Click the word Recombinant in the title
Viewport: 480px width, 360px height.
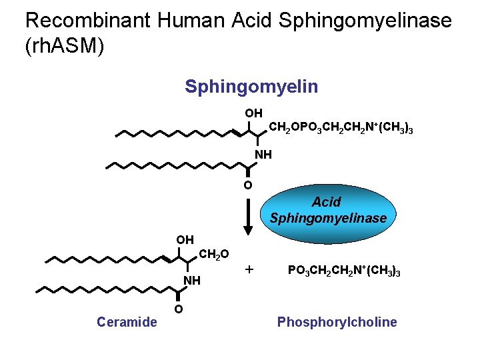[x=87, y=21]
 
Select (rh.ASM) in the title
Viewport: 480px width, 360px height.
[x=65, y=48]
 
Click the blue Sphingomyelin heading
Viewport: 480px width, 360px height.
[x=251, y=87]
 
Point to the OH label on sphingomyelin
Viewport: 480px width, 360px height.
[x=253, y=113]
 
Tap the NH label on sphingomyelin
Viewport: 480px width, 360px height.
[x=263, y=155]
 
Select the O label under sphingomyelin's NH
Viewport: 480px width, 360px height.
[x=247, y=185]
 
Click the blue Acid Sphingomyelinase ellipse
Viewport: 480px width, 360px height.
[x=327, y=210]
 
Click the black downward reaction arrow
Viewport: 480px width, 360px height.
[x=248, y=213]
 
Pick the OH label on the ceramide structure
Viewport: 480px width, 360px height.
[x=185, y=239]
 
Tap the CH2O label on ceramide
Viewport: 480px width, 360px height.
[x=214, y=253]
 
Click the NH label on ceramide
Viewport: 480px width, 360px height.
[x=192, y=280]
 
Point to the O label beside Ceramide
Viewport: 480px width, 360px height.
[x=179, y=309]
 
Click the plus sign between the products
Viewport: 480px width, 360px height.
[x=249, y=269]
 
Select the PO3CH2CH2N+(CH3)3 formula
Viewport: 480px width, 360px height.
[x=343, y=271]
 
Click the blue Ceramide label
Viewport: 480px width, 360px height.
[x=127, y=323]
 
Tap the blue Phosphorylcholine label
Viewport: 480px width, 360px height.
[x=337, y=323]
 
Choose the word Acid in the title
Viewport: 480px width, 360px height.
[x=251, y=21]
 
